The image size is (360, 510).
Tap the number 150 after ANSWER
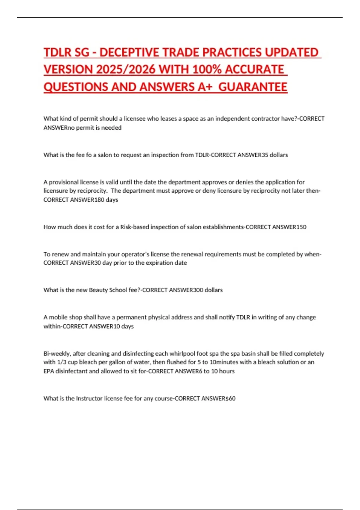pyautogui.click(x=301, y=227)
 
